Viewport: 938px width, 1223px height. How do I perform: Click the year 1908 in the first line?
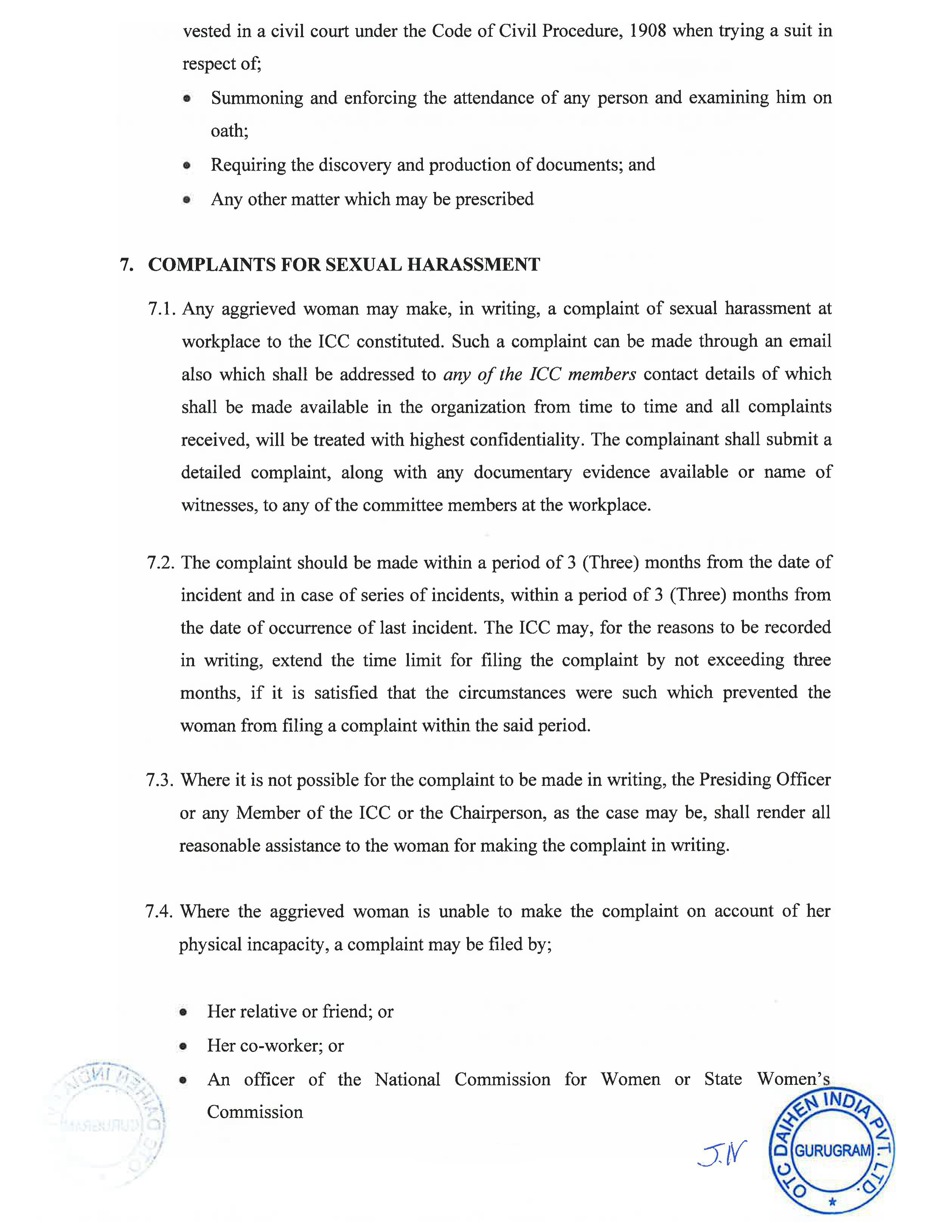pos(647,30)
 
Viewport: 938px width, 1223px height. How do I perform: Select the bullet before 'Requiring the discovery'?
pos(187,165)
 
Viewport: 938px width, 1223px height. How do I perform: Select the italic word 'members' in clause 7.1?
pos(601,374)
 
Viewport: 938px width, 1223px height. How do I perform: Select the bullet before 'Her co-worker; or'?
pos(183,1046)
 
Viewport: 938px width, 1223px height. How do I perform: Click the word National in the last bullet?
pos(407,1080)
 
